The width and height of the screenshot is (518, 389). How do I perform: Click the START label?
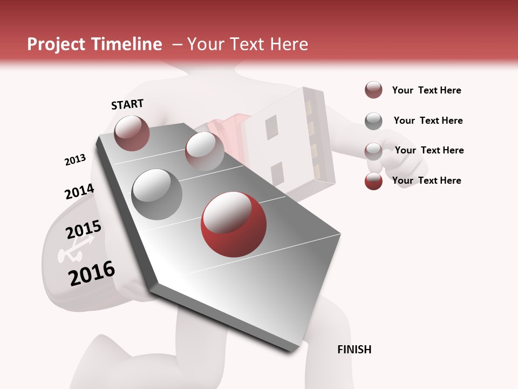click(127, 104)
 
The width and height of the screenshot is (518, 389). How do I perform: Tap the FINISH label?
click(354, 350)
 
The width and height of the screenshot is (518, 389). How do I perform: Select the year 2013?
click(75, 160)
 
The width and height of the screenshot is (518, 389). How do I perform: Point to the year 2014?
click(79, 192)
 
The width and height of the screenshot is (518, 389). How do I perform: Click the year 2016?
click(92, 273)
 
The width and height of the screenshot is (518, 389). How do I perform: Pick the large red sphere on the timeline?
click(233, 224)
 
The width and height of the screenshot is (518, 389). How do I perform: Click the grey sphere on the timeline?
click(157, 194)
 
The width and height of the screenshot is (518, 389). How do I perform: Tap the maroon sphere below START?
click(132, 133)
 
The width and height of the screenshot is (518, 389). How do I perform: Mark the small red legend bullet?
click(373, 181)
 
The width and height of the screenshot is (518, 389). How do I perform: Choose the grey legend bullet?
click(373, 121)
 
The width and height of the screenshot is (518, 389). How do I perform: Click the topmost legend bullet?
click(373, 90)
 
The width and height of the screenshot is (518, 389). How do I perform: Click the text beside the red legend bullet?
click(426, 180)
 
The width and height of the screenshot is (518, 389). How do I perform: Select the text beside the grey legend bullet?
click(428, 120)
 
